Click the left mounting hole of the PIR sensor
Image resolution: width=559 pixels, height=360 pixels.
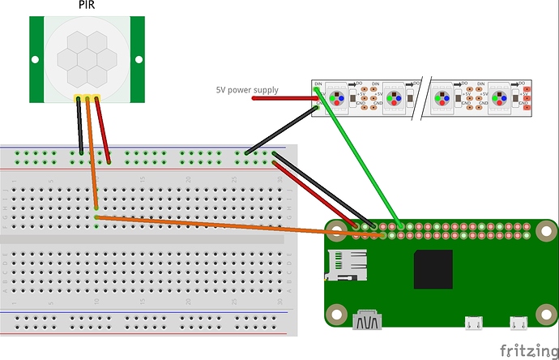click(36, 58)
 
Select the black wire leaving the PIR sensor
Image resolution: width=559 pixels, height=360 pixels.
click(79, 126)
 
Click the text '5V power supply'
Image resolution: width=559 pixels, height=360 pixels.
click(246, 90)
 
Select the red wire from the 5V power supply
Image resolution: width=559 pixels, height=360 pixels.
click(284, 99)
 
